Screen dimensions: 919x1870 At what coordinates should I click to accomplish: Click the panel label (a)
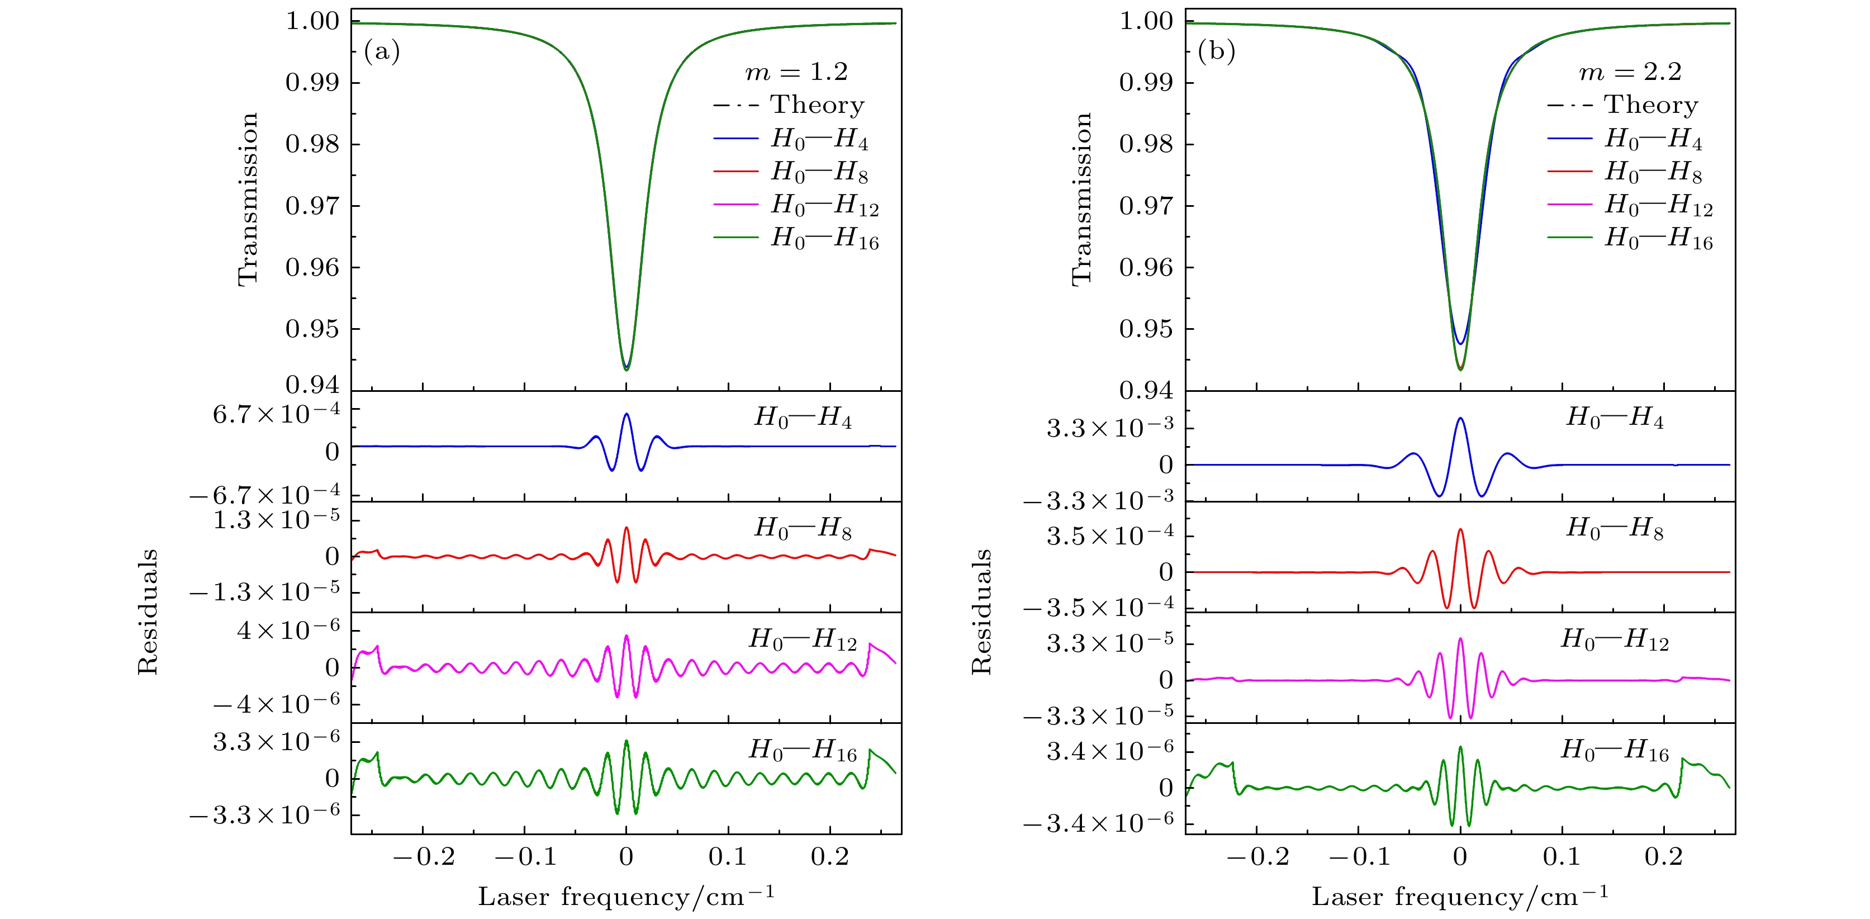(x=382, y=51)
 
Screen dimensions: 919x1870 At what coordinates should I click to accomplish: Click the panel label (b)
(x=1216, y=51)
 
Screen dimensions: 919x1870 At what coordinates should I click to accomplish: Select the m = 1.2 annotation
(x=796, y=72)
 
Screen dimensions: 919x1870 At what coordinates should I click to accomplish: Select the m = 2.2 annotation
(x=1630, y=72)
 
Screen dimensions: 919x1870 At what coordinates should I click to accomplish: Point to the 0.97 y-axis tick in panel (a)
(x=312, y=206)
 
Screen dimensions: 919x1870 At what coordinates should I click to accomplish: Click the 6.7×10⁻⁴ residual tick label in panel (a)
(x=276, y=414)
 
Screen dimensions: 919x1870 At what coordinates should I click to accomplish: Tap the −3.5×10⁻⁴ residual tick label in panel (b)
(x=1098, y=608)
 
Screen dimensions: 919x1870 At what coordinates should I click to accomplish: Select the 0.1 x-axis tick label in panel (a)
(x=728, y=858)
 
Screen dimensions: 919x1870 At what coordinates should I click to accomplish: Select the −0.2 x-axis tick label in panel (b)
(x=1257, y=858)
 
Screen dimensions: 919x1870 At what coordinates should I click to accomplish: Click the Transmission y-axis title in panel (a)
(x=248, y=200)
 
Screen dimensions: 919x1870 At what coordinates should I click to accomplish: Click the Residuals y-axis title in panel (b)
(x=981, y=612)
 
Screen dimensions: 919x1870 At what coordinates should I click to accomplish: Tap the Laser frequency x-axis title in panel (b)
(x=1459, y=897)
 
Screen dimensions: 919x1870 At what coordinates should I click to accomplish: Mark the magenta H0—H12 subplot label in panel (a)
(x=802, y=639)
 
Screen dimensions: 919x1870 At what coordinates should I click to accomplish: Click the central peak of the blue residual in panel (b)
(x=1460, y=419)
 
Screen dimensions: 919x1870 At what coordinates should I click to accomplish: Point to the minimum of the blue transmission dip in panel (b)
(x=1460, y=343)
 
